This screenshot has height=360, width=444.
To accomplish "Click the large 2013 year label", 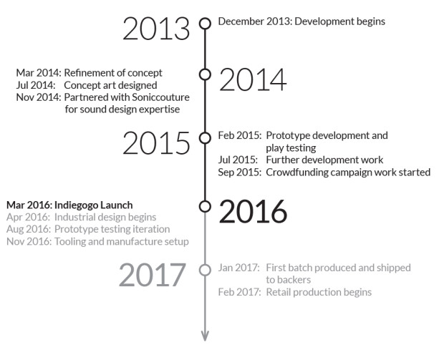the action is pyautogui.click(x=156, y=29).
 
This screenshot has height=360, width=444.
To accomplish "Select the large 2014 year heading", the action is pyautogui.click(x=253, y=79).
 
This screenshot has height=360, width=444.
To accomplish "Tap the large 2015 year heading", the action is pyautogui.click(x=156, y=142).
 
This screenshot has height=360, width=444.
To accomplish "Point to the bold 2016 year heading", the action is pyautogui.click(x=253, y=211).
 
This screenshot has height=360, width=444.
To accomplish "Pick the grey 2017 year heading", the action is pyautogui.click(x=153, y=275).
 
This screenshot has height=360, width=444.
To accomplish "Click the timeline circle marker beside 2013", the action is pyautogui.click(x=205, y=23).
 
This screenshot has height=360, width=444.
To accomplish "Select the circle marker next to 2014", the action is pyautogui.click(x=205, y=74).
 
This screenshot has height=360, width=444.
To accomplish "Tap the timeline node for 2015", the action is pyautogui.click(x=205, y=138).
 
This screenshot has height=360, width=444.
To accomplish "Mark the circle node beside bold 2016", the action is pyautogui.click(x=205, y=206).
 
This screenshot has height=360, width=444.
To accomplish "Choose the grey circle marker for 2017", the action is pyautogui.click(x=205, y=270).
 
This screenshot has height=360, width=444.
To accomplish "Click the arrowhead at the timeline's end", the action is pyautogui.click(x=205, y=336).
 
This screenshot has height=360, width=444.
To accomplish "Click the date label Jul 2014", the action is pyautogui.click(x=36, y=85).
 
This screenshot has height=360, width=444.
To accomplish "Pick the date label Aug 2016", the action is pyautogui.click(x=29, y=229).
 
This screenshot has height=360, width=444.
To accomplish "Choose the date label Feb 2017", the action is pyautogui.click(x=239, y=292).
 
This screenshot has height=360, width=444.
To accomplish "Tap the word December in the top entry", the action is pyautogui.click(x=241, y=21).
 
